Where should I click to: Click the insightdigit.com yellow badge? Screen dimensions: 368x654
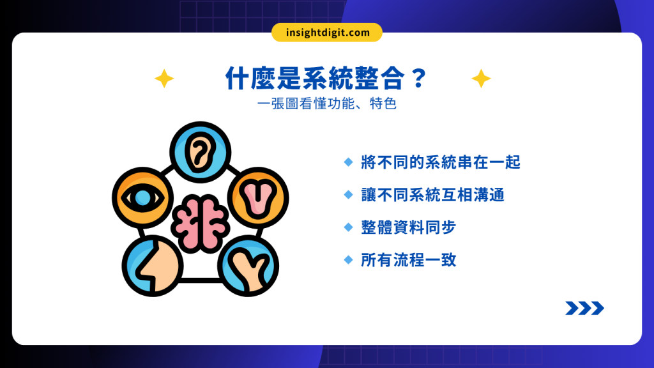tap(326, 33)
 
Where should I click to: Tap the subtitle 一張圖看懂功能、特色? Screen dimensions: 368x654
tap(326, 103)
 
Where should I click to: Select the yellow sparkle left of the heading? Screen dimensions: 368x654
tap(164, 79)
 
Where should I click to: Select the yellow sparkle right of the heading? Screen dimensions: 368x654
tap(481, 79)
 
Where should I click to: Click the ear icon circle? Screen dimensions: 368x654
tap(199, 152)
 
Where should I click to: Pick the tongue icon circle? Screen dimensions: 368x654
tap(259, 197)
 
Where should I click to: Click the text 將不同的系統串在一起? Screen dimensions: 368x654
tap(441, 162)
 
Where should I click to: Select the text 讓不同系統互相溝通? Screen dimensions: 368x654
tap(432, 195)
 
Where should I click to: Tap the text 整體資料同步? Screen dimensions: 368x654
tap(408, 227)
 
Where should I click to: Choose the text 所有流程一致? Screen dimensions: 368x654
tap(408, 260)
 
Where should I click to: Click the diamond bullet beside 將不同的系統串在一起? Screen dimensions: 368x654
tap(348, 162)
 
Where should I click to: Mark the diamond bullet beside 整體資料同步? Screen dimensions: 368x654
tap(348, 227)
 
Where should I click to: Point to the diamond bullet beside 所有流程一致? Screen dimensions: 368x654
tap(348, 260)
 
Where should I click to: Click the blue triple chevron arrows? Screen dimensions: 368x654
tap(584, 309)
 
